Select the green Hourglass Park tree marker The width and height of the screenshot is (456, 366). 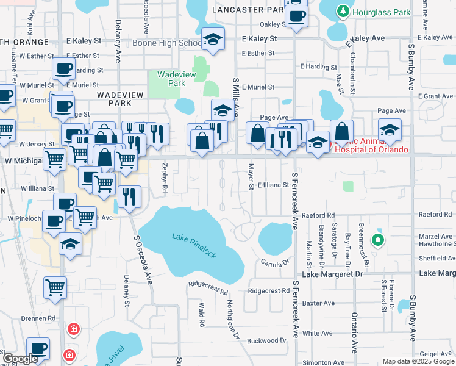tap(343, 11)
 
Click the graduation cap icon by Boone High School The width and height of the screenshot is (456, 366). tap(213, 40)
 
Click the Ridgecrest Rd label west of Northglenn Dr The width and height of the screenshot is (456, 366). tap(208, 284)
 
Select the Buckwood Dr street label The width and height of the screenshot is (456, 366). tap(267, 340)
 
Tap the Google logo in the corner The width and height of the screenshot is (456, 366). tap(20, 359)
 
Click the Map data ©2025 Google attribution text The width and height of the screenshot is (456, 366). tap(418, 361)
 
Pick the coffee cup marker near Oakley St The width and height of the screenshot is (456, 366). tap(297, 15)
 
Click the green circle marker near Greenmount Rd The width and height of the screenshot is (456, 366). tap(378, 240)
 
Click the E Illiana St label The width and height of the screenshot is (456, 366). tap(273, 185)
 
